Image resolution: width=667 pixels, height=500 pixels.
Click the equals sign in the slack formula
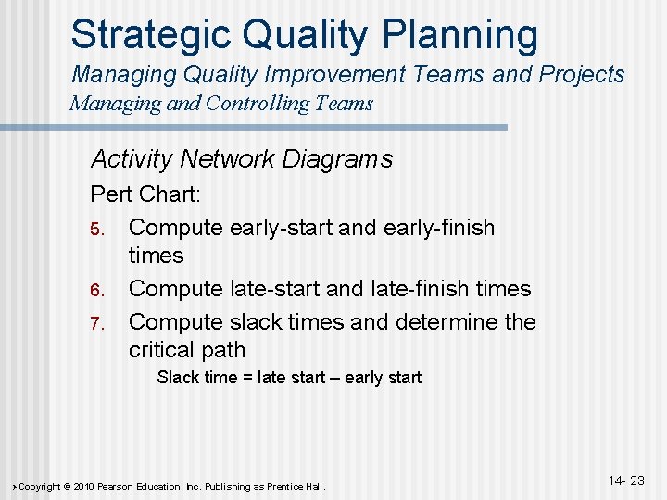243,378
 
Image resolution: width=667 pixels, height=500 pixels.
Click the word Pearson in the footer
127,486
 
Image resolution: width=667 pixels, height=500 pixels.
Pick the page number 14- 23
626,481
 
